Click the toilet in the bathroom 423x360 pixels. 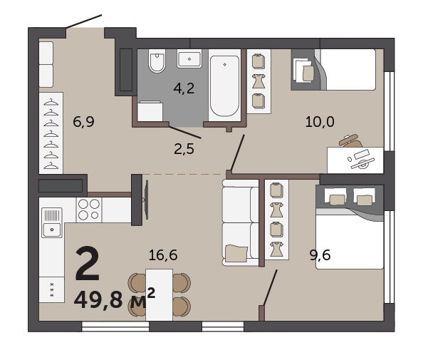tap(157, 61)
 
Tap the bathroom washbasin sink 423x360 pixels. tap(189, 58)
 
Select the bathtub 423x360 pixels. tap(224, 86)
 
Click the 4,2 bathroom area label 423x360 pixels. tap(184, 88)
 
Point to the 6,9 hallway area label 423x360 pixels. tap(83, 121)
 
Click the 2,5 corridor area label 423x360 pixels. tap(184, 149)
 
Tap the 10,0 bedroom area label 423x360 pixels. tap(320, 121)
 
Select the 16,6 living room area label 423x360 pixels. tap(163, 255)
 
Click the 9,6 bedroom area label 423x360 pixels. tap(320, 255)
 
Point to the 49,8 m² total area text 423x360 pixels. tap(115, 299)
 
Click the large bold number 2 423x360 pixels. tap(88, 264)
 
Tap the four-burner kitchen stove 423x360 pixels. tap(89, 210)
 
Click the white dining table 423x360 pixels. tap(160, 294)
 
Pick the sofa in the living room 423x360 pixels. tap(241, 222)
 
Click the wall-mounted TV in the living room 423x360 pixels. tap(146, 200)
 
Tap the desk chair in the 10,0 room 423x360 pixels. tap(350, 140)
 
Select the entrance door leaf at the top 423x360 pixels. tap(84, 21)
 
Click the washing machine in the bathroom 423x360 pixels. tap(150, 111)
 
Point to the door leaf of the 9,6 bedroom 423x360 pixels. tap(270, 287)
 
